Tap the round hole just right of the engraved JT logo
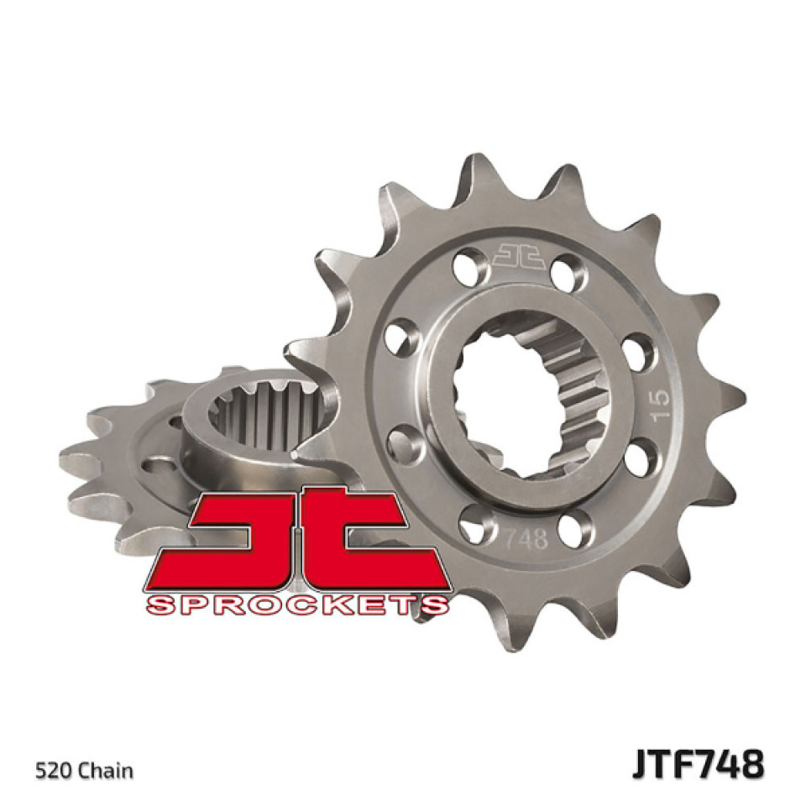point(568,270)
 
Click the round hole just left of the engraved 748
point(476,522)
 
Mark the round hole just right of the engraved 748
point(574,530)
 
